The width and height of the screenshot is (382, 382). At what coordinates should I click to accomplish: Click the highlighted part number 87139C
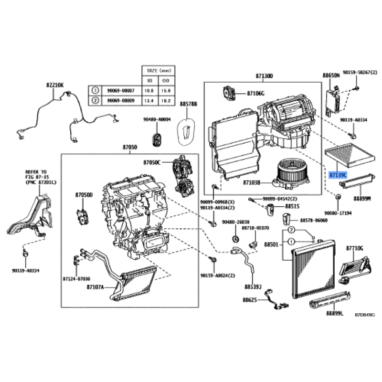tap(338, 176)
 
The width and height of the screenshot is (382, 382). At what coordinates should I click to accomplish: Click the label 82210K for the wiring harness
tap(55, 85)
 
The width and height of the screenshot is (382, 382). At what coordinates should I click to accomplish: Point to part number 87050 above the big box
tap(130, 149)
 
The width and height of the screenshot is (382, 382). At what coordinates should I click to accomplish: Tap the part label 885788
tap(189, 104)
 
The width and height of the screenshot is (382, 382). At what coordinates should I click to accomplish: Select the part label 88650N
tap(331, 75)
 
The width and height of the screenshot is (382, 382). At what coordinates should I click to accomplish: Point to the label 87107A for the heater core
tap(96, 287)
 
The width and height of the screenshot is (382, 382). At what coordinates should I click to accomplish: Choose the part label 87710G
tap(354, 248)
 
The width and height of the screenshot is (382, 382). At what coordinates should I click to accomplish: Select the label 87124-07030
tap(76, 278)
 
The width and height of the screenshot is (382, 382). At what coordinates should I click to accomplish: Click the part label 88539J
tap(253, 287)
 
